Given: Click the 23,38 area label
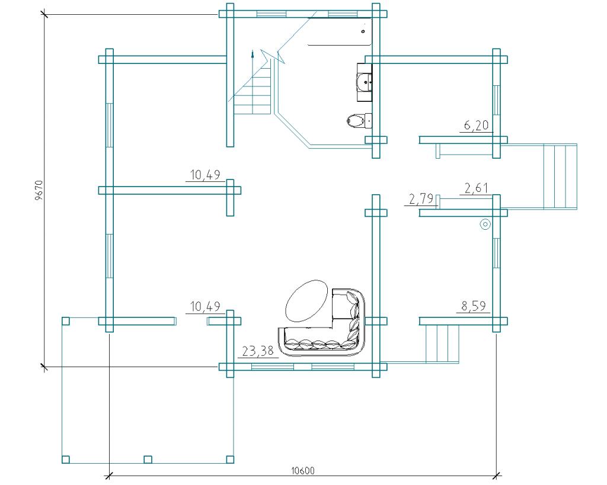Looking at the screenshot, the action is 258,351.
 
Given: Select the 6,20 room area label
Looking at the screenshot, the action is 476,125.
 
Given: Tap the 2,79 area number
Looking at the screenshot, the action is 421,199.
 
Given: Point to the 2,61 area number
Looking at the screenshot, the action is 476,188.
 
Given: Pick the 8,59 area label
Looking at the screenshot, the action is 474,306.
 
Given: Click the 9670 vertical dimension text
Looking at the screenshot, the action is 39,189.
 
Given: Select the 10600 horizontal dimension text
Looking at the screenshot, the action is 303,471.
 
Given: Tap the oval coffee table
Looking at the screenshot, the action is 306,300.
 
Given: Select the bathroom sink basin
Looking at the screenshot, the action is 364,82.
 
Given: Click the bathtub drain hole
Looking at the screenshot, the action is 363,31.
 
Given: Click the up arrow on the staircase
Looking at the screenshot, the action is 253,54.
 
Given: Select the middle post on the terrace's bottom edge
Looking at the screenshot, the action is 148,460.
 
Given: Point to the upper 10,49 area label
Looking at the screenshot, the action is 205,175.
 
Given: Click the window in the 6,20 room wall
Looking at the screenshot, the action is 496,100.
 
